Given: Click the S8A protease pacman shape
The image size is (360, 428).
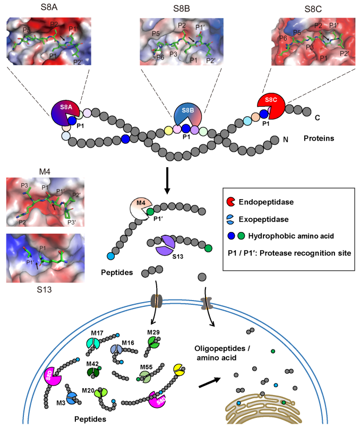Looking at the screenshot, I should pos(64,112).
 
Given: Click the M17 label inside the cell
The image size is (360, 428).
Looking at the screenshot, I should pos(97,333).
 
